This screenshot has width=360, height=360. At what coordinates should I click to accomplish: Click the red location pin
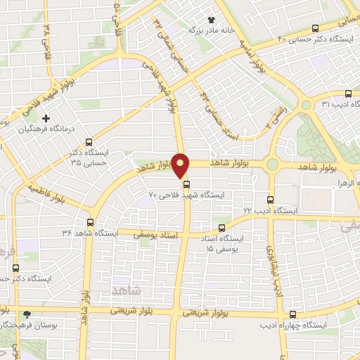[x=181, y=165]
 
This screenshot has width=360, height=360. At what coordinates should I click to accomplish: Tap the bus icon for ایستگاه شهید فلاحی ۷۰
[x=186, y=184]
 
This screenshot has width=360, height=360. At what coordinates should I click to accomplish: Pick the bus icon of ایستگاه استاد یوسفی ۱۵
[x=222, y=227]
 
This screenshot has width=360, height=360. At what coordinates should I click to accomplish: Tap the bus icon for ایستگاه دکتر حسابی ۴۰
[x=314, y=28]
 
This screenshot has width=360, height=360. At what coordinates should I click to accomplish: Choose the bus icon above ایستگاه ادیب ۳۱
[x=347, y=94]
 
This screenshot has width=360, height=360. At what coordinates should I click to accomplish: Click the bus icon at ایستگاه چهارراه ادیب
[x=293, y=314]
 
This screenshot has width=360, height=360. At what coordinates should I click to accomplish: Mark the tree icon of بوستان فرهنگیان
[x=27, y=314]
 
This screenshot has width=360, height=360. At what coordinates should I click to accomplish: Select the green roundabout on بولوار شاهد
[x=271, y=165]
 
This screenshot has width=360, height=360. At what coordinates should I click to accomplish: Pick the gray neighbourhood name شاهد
[x=127, y=289]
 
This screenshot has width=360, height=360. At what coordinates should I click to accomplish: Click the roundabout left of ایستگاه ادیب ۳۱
[x=306, y=105]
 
